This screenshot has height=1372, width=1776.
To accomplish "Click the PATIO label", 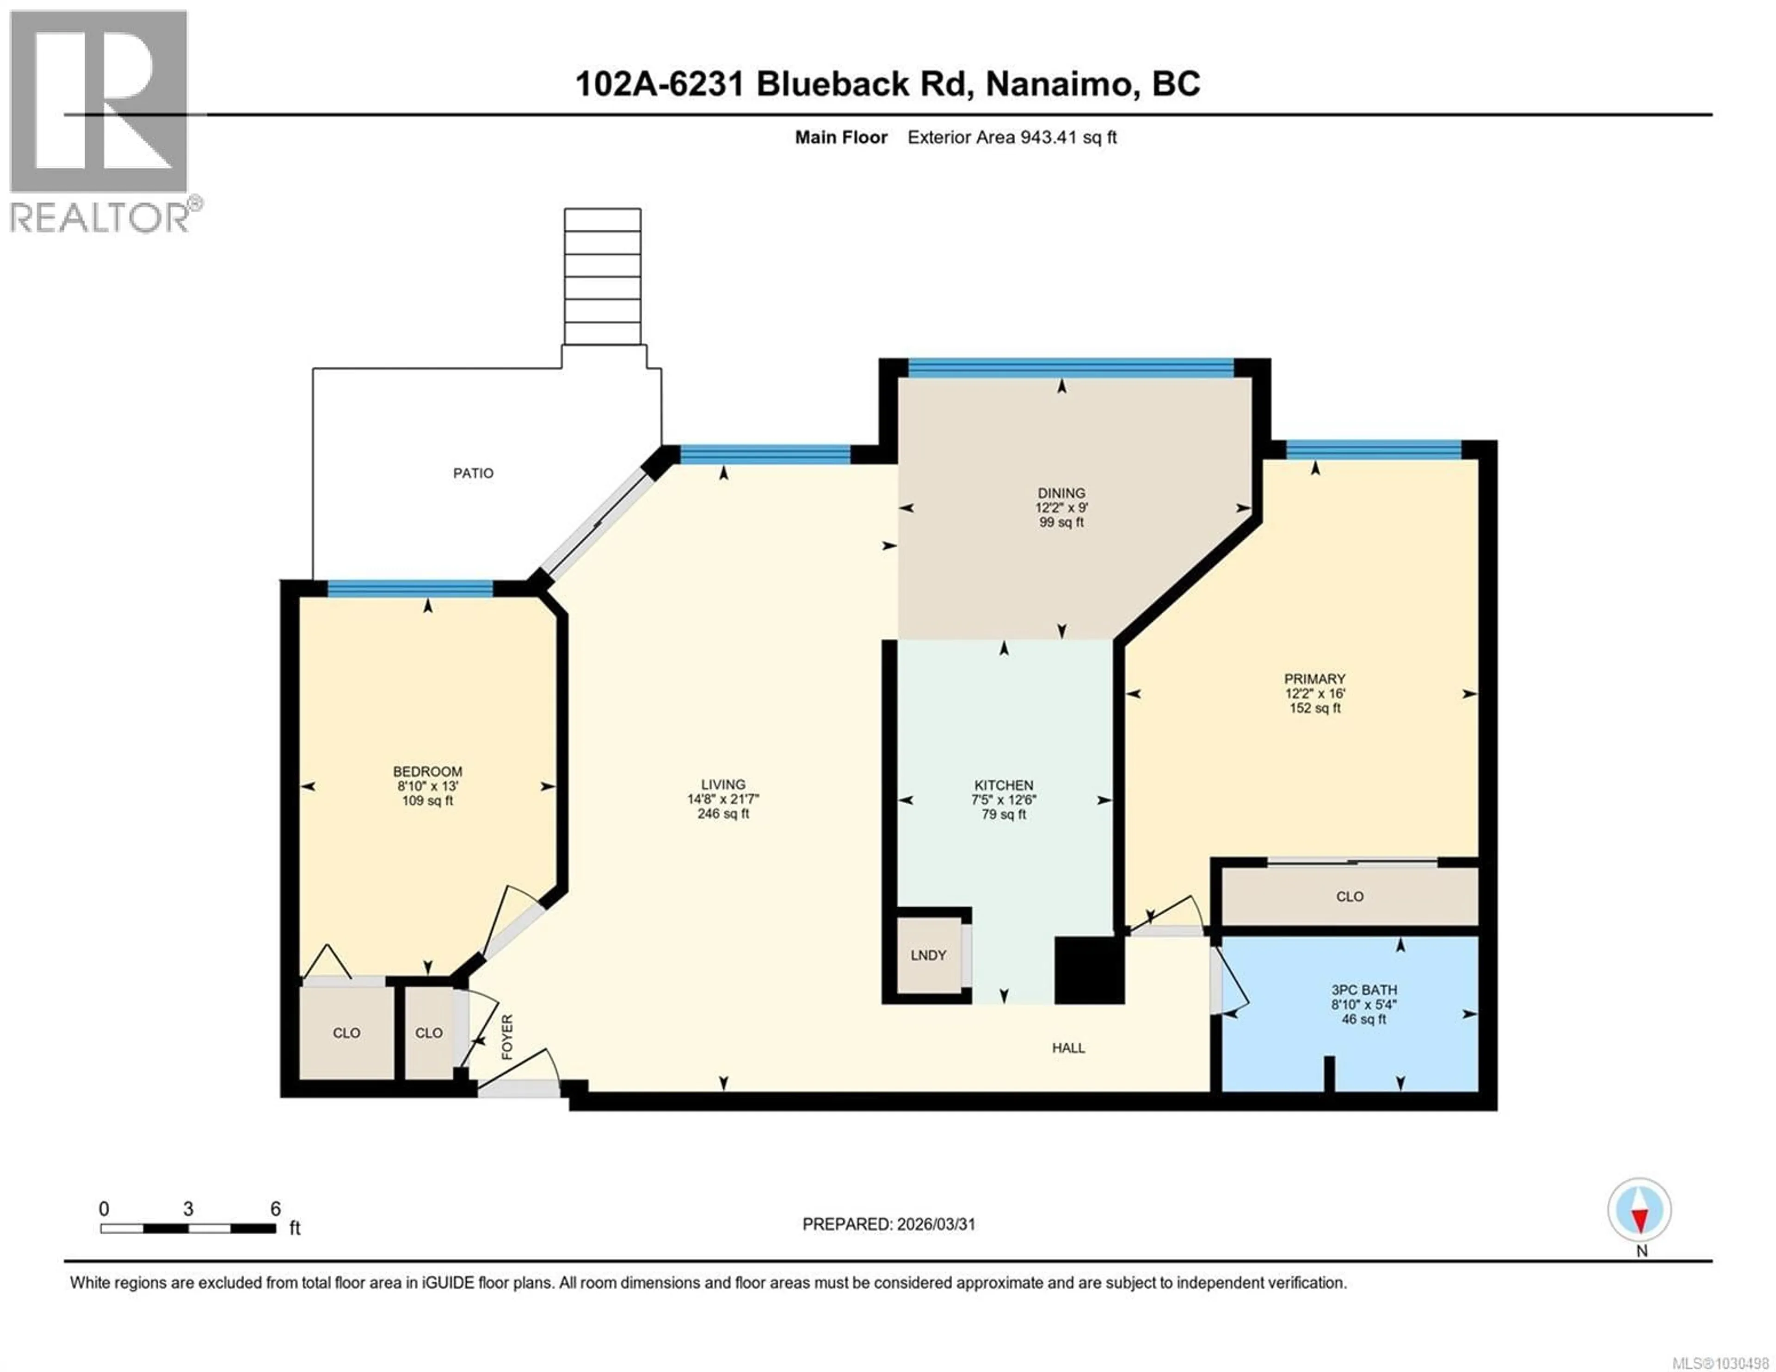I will (473, 474).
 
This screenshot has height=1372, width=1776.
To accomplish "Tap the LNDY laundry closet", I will (928, 955).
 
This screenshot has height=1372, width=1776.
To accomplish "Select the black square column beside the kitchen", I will (1089, 970).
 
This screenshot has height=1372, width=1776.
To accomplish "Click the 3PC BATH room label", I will (1364, 990).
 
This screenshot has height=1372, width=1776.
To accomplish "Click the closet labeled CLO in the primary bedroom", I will (1349, 896).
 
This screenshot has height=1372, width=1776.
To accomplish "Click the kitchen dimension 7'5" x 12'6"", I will (1004, 800).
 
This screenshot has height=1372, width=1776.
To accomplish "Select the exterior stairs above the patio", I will (603, 277).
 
